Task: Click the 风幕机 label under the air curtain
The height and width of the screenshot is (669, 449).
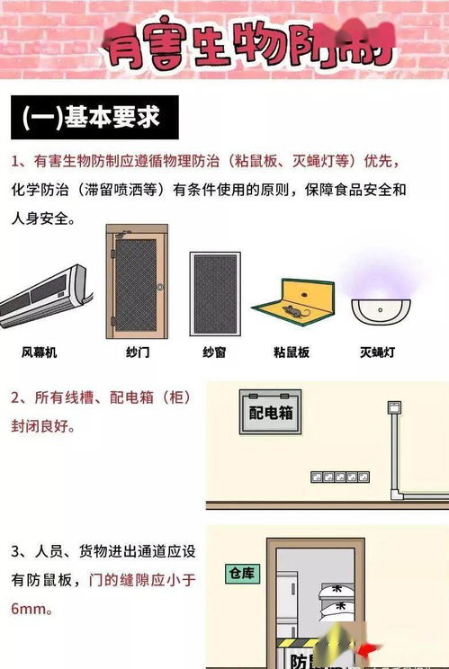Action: [x=39, y=352]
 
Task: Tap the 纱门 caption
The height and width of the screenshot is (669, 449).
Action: [x=138, y=352]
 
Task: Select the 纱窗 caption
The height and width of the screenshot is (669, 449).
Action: [x=214, y=352]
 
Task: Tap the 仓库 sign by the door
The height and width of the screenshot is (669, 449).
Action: [x=243, y=572]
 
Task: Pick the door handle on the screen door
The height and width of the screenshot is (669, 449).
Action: [x=160, y=287]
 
